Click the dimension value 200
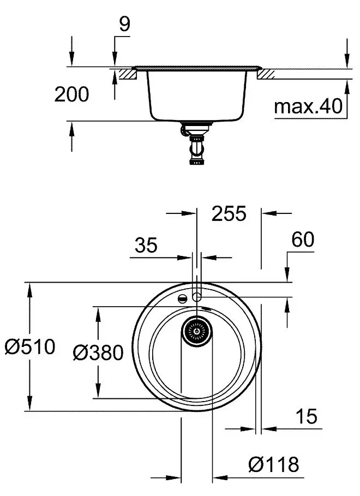(x=71, y=94)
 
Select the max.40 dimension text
(x=308, y=107)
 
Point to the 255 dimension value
(x=229, y=213)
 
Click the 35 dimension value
(x=146, y=246)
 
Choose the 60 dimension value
(x=303, y=240)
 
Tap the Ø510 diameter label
(x=30, y=346)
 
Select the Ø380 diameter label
(x=98, y=352)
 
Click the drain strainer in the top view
(x=196, y=330)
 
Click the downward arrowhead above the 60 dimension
(x=288, y=276)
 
